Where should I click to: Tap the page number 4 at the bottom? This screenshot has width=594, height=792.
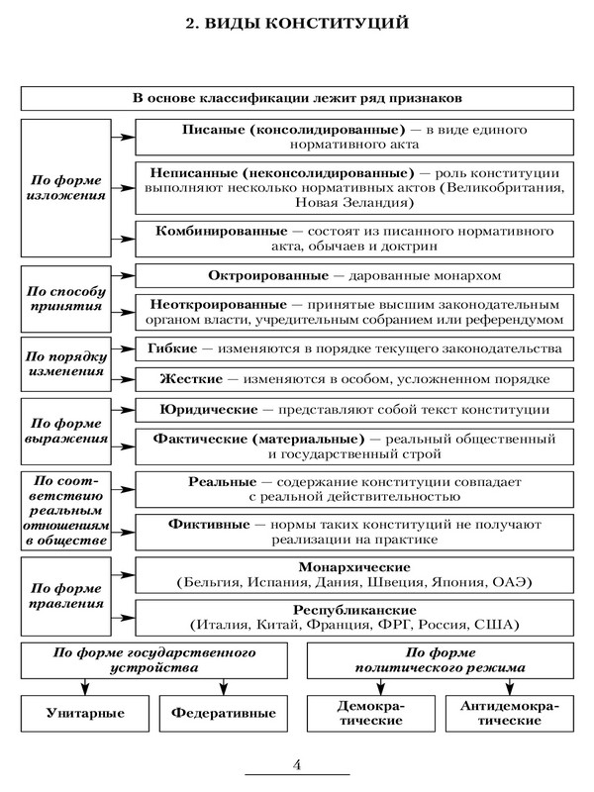298,763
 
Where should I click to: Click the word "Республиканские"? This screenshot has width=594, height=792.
352,610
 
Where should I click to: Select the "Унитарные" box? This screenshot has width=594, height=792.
85,712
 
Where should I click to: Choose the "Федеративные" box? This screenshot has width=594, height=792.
224,712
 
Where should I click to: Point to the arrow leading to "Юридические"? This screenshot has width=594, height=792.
121,409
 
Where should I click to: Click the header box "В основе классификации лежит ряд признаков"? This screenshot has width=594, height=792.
297,99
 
